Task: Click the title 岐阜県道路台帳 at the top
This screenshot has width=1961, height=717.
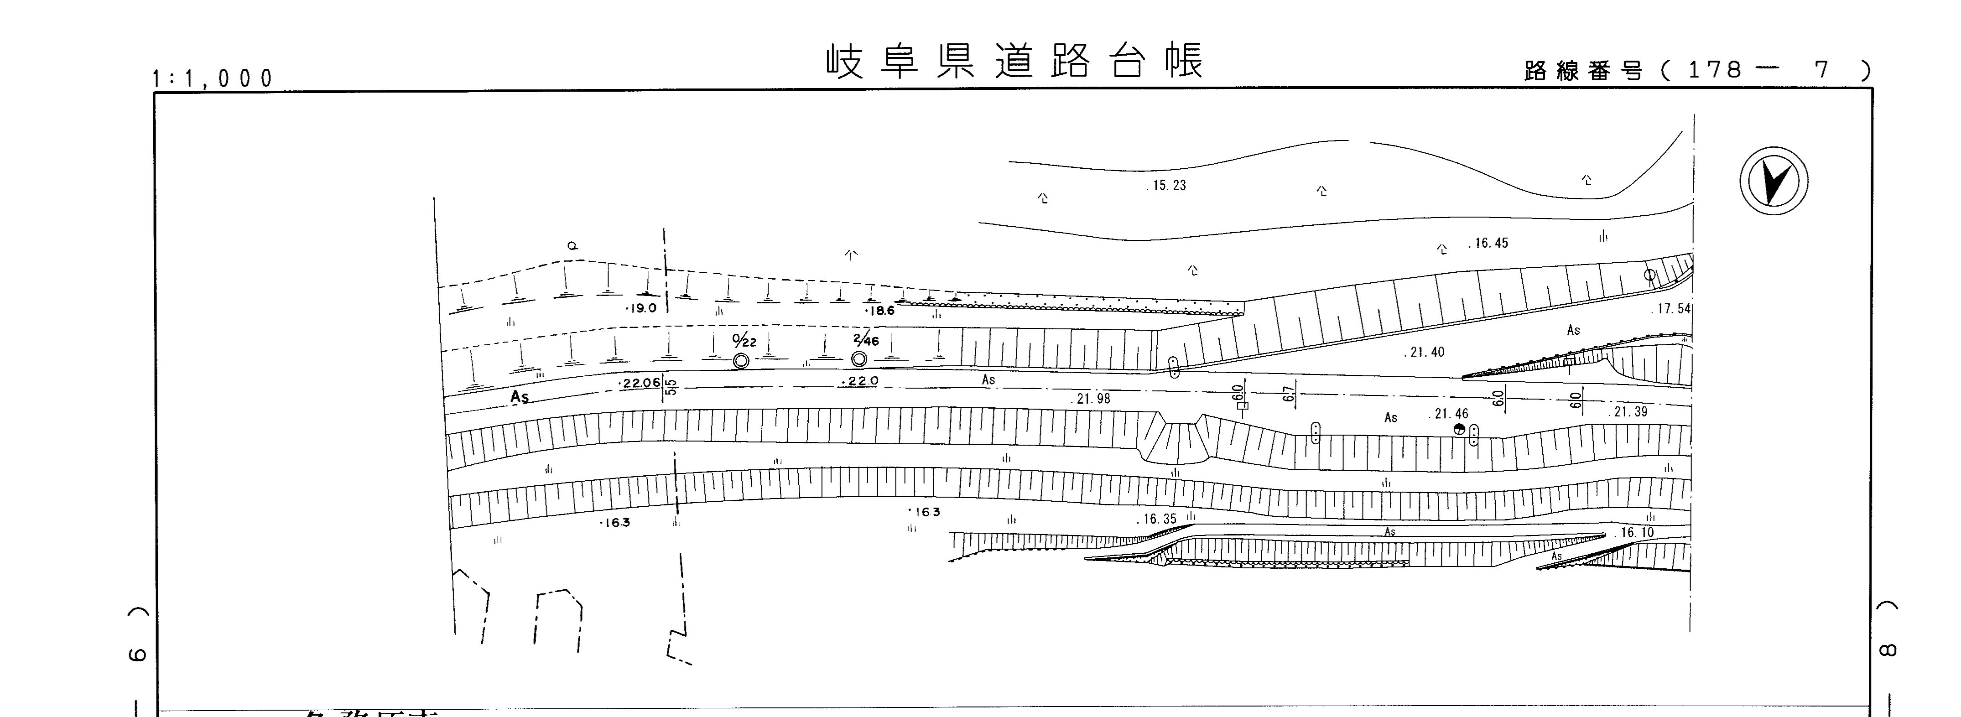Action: [1015, 61]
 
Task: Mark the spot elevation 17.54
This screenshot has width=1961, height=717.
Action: [1673, 309]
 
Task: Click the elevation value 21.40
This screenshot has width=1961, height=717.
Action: [1424, 353]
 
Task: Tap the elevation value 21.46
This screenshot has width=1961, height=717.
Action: [1449, 414]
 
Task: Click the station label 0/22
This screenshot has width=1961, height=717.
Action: [744, 340]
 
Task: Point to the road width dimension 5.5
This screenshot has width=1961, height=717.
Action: [671, 387]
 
